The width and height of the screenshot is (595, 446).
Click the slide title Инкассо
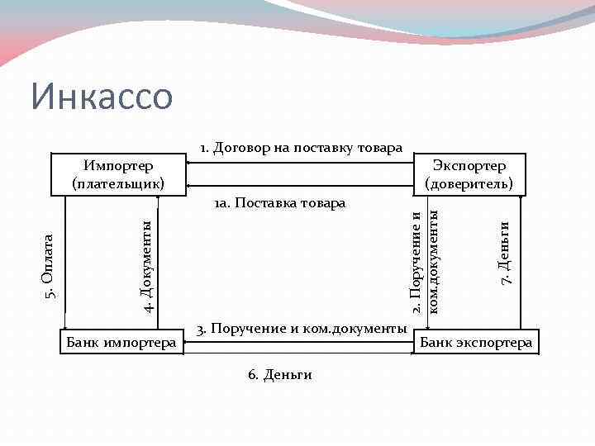pyautogui.click(x=102, y=97)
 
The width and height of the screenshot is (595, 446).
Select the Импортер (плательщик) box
pyautogui.click(x=117, y=174)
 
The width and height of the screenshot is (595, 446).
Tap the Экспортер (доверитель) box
pyautogui.click(x=469, y=174)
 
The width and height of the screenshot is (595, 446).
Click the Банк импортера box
pyautogui.click(x=120, y=342)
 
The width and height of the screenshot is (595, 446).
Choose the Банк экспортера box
pyautogui.click(x=476, y=342)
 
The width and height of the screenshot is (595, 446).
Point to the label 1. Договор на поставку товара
pyautogui.click(x=300, y=149)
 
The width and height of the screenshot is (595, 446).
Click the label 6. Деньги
pyautogui.click(x=279, y=375)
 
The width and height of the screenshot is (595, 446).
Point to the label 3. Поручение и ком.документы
pyautogui.click(x=302, y=329)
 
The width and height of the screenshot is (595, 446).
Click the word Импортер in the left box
pyautogui.click(x=117, y=166)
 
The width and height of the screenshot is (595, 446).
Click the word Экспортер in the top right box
pyautogui.click(x=469, y=166)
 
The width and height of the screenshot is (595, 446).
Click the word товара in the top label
pyautogui.click(x=379, y=149)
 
